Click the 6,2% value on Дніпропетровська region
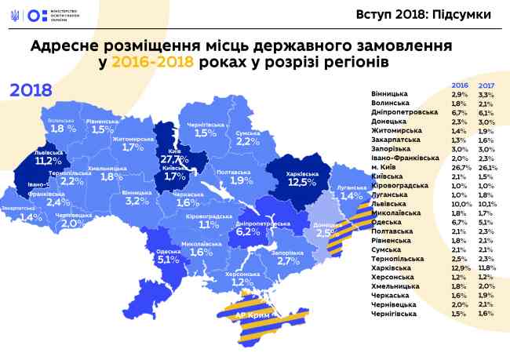click(x=247, y=232)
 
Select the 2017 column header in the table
click(x=487, y=84)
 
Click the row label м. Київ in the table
click(x=385, y=167)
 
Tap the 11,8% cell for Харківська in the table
click(x=488, y=267)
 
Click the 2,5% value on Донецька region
click(x=326, y=232)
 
